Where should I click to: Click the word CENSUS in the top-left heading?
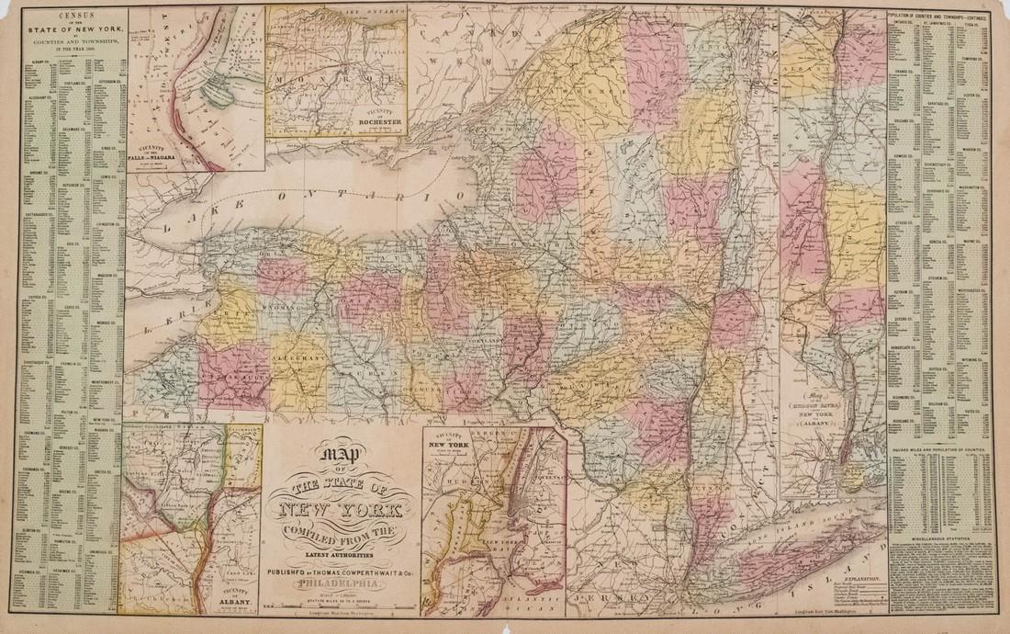click(78, 16)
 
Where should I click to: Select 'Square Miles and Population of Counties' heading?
click(939, 437)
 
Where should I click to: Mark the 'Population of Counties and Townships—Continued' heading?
click(938, 16)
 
